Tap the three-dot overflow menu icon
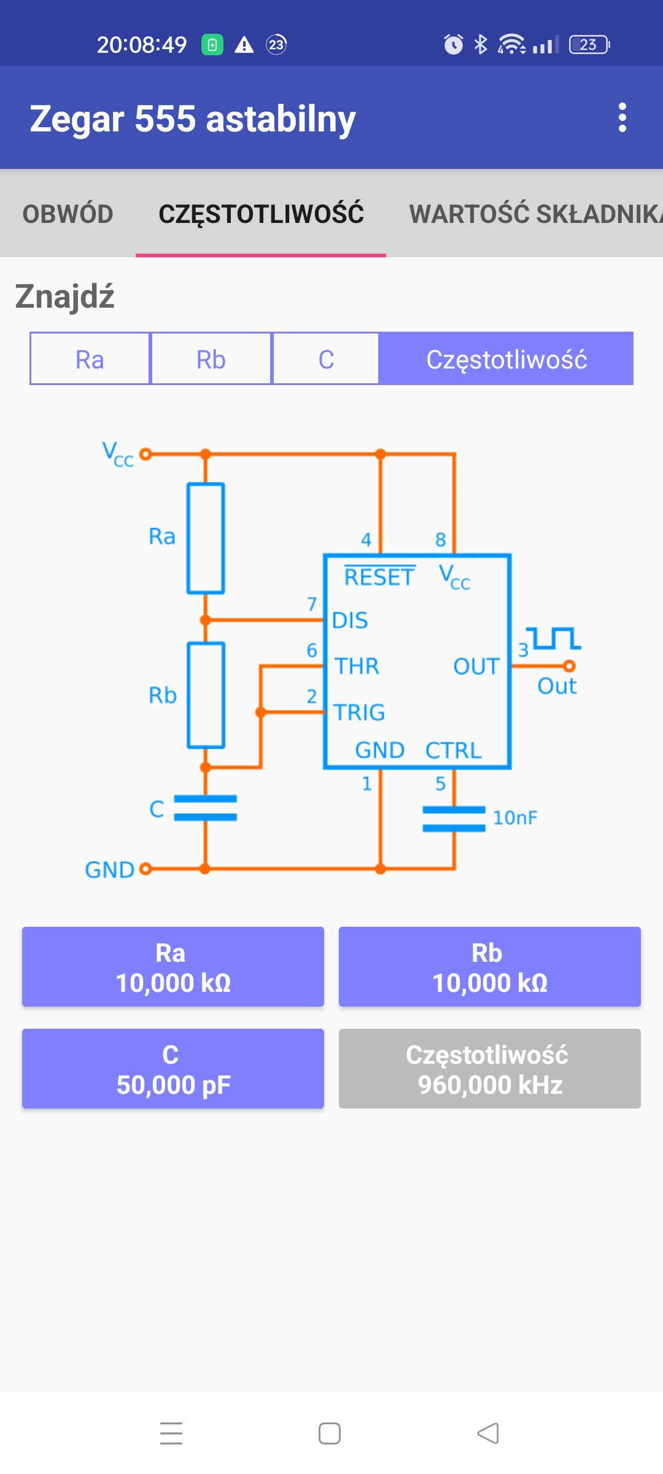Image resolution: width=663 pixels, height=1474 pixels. (622, 117)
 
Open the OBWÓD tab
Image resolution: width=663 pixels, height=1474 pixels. (68, 214)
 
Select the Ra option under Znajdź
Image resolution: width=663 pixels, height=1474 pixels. (90, 359)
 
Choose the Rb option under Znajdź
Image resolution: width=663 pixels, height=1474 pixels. (211, 359)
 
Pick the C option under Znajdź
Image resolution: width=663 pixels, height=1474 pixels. (326, 359)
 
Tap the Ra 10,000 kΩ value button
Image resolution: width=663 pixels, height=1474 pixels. (173, 967)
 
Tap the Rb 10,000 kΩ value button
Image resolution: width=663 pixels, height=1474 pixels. (489, 967)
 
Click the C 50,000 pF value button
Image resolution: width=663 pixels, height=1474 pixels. (173, 1069)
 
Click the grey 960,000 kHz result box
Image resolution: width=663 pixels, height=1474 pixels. (489, 1069)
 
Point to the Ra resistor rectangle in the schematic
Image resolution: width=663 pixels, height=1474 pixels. (206, 538)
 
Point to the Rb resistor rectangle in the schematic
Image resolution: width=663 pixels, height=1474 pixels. (206, 695)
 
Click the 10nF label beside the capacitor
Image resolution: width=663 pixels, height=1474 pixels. (514, 818)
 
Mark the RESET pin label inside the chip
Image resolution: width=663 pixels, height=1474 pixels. (379, 577)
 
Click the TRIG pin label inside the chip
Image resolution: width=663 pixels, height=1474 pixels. (359, 712)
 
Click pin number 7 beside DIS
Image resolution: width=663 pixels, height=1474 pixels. (312, 604)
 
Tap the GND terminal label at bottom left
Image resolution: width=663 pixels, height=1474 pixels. (109, 870)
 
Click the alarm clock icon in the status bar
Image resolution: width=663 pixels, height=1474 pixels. (454, 44)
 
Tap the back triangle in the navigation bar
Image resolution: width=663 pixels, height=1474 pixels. (488, 1433)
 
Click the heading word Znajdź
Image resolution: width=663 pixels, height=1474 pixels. (65, 297)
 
